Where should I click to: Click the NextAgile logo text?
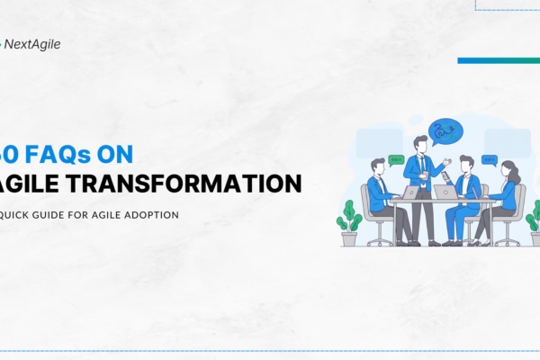32,43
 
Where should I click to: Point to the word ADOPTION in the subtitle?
152,214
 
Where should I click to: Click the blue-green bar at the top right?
498,60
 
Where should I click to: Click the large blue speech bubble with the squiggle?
445,131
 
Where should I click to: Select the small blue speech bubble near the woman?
489,158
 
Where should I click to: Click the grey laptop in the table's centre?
445,191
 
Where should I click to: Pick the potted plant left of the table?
349,223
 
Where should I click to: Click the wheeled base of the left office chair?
378,241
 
